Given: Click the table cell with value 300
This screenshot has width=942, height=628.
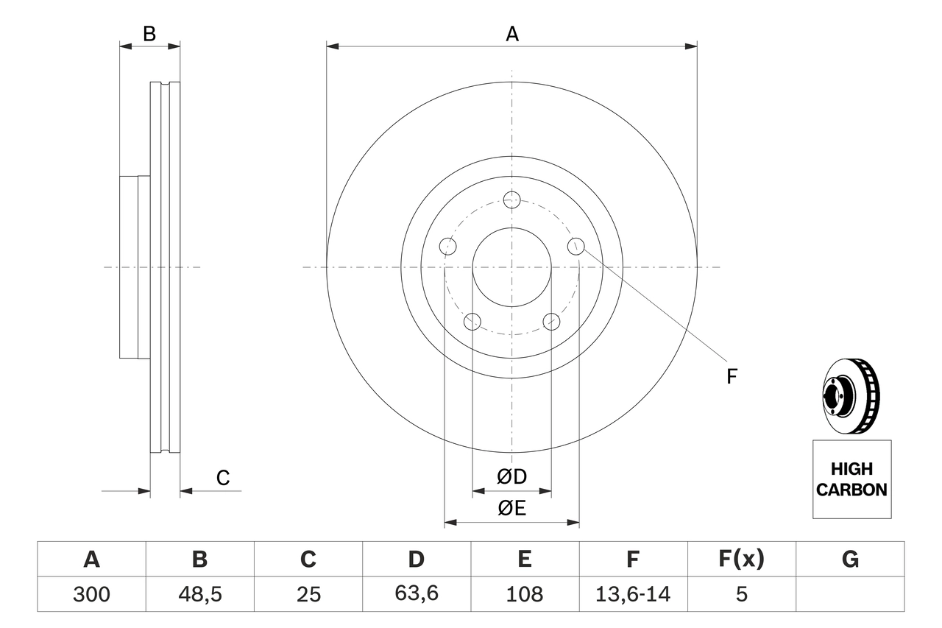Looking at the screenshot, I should point(91,594).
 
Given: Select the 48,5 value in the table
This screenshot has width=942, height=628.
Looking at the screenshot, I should point(199,594).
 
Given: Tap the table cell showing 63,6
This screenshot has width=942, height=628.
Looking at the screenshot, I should point(416,594).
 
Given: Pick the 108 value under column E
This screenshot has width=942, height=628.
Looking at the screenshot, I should point(524,594).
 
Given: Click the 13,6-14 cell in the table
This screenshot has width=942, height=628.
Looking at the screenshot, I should point(632,594).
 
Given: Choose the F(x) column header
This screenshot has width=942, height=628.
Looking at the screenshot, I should point(741,560).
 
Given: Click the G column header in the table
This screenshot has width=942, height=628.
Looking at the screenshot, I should point(850,560).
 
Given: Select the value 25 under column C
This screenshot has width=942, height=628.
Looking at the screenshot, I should point(308,594).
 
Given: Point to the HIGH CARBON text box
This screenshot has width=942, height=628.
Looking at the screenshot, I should point(851,479).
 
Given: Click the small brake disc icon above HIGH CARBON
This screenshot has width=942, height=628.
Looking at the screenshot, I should point(850,396).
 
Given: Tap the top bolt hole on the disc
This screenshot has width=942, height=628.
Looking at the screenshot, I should point(512,200).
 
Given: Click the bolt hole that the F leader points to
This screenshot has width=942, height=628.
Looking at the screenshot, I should point(576,246).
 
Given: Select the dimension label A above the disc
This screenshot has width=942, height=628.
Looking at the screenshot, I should point(511,33).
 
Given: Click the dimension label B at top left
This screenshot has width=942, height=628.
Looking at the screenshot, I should point(149,33).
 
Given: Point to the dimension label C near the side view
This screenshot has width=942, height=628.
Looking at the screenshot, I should point(223,478).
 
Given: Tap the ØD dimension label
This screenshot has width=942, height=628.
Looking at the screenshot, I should point(511,477).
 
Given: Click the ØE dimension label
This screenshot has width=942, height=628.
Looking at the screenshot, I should point(511,509).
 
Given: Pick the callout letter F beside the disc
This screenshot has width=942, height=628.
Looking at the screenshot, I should point(732,377).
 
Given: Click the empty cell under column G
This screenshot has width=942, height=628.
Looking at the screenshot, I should point(850,594).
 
